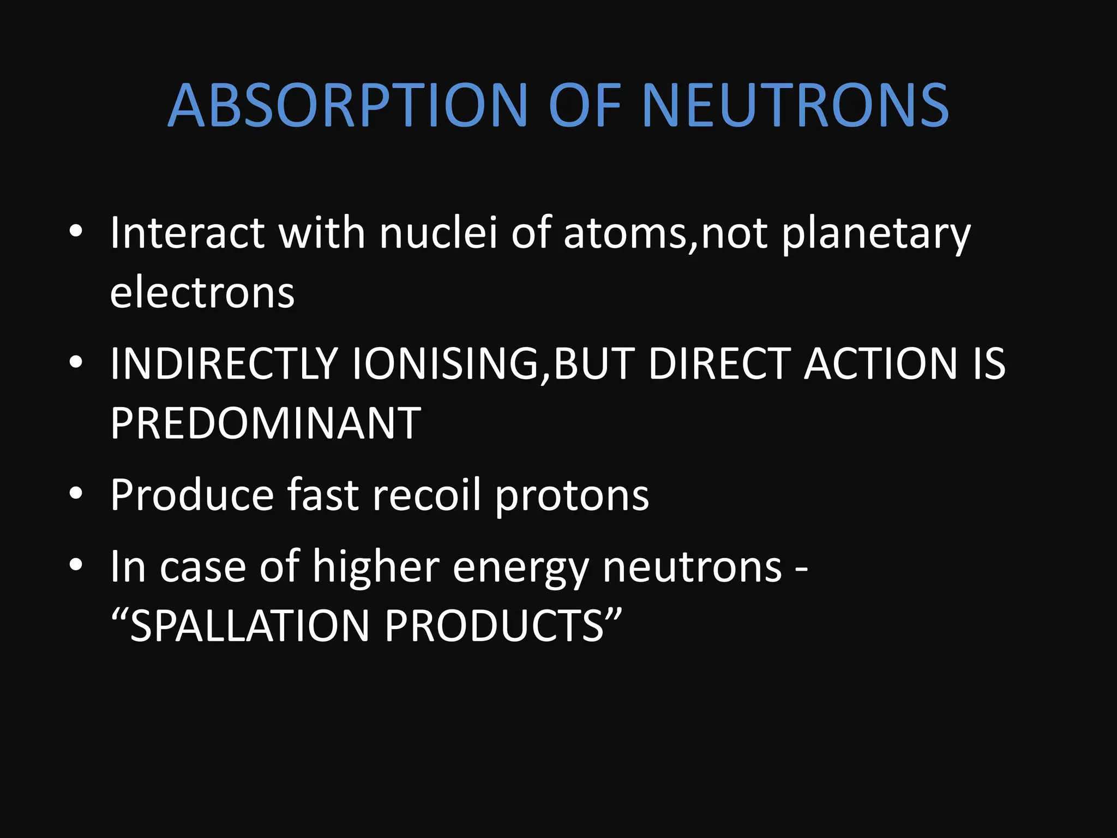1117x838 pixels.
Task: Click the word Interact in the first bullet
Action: click(187, 233)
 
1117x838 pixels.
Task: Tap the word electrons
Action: click(202, 292)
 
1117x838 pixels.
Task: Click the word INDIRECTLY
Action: click(224, 363)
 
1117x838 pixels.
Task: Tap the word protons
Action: click(572, 496)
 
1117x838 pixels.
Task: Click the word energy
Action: click(520, 568)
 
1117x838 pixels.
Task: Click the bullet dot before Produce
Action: click(76, 494)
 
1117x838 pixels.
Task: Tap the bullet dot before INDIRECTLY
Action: click(76, 362)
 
